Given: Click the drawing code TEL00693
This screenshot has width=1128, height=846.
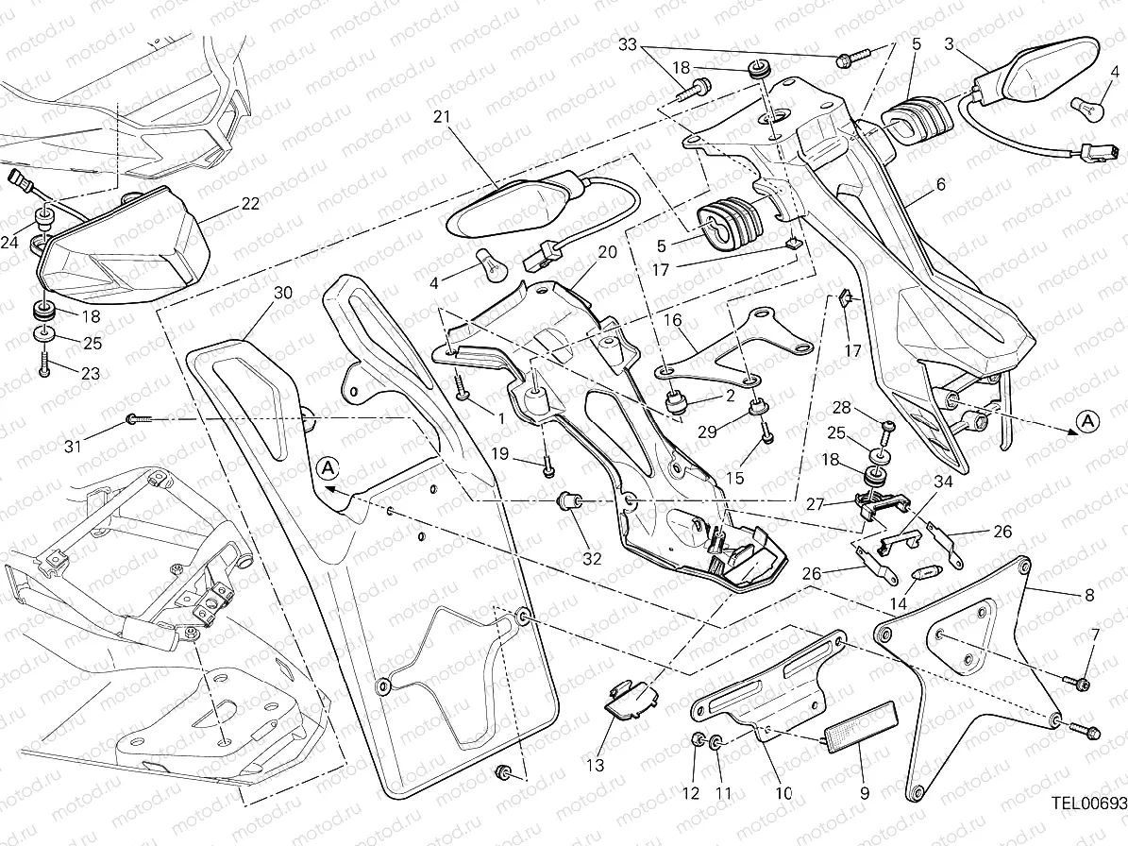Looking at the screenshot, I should pyautogui.click(x=1087, y=804).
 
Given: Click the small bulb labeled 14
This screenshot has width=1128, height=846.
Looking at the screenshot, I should pyautogui.click(x=924, y=574).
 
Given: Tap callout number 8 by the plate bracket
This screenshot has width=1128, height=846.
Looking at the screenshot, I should pyautogui.click(x=1089, y=596).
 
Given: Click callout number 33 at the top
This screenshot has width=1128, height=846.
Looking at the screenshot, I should pyautogui.click(x=629, y=44).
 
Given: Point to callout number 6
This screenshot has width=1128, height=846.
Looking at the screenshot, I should pyautogui.click(x=940, y=185).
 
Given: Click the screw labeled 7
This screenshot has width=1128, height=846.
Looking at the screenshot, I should pyautogui.click(x=1078, y=681).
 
